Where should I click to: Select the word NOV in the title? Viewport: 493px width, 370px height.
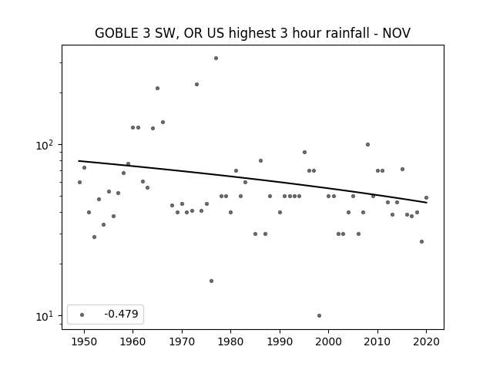397,33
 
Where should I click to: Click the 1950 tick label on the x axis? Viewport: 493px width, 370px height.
84,341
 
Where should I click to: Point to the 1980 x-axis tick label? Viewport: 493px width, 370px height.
230,341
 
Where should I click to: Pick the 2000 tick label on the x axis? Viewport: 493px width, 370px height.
329,341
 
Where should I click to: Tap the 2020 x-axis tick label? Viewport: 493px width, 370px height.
426,341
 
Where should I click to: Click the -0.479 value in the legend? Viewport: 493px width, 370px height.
122,314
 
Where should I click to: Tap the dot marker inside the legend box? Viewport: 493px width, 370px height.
82,314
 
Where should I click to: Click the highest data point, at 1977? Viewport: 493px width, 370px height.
216,59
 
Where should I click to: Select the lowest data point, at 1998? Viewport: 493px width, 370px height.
319,315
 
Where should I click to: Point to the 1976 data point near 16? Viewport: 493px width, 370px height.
211,281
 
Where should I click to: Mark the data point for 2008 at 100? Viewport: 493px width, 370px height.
368,145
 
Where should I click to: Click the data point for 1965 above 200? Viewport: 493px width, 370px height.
157,89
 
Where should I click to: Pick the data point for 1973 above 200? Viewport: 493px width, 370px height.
197,84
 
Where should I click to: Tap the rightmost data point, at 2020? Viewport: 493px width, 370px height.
426,198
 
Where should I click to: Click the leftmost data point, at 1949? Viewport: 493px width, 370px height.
79,183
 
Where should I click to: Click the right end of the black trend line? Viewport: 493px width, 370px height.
426,203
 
